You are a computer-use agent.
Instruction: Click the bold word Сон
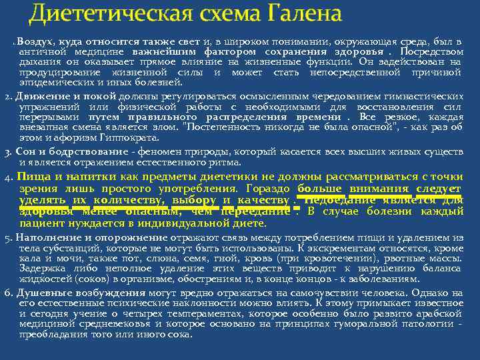26,151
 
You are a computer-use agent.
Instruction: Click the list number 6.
7,293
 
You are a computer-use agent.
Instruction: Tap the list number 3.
7,152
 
